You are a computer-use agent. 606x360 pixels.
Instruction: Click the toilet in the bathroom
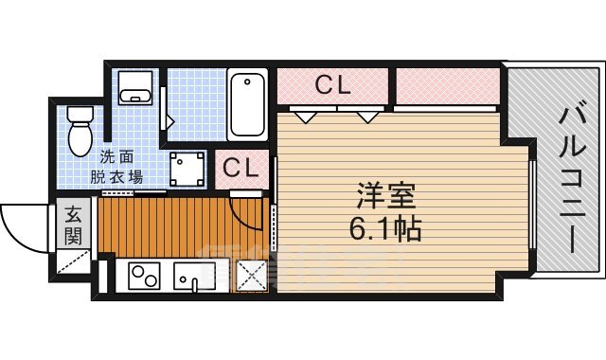click(80, 130)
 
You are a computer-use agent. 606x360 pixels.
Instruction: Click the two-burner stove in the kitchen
click(144, 278)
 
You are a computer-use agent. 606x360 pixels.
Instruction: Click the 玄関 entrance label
click(73, 226)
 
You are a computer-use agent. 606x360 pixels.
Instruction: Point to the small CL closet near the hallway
click(241, 168)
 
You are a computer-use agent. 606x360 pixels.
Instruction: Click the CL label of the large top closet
click(332, 85)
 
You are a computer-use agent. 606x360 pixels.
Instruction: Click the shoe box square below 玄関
click(73, 261)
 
